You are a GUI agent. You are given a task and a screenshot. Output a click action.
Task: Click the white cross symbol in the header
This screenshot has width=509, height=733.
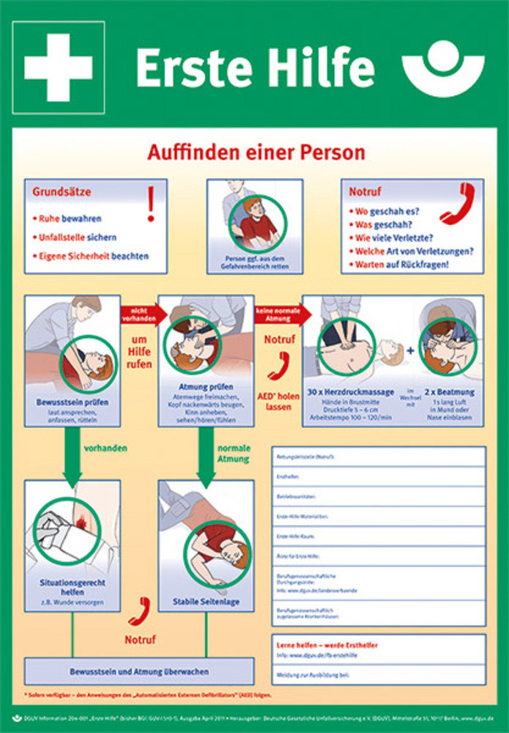58,67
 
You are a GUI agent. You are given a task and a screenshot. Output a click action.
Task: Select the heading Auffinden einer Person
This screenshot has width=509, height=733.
256,152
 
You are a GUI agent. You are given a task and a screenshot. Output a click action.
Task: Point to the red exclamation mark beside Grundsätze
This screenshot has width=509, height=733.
151,203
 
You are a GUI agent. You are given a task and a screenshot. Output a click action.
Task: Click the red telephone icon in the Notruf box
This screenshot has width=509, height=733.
458,203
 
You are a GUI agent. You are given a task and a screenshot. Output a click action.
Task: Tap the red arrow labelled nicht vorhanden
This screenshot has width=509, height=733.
139,313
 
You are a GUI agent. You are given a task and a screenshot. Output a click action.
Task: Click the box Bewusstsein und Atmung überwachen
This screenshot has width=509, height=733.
139,671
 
